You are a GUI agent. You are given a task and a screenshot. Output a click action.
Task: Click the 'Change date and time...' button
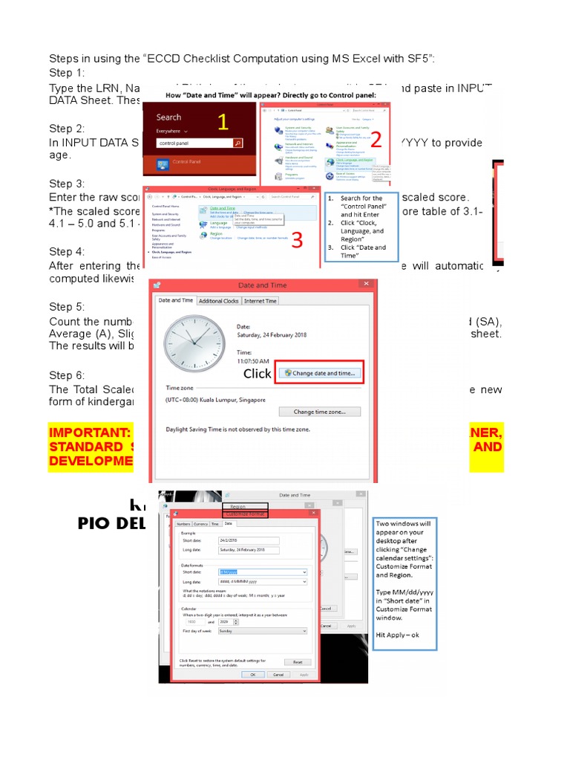[320, 372]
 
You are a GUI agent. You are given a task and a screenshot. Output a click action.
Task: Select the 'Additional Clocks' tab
[219, 301]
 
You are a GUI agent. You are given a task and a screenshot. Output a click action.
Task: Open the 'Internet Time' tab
[261, 301]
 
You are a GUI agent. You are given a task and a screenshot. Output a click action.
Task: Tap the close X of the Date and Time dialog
[364, 285]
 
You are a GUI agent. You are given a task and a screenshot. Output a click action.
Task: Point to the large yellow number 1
[222, 123]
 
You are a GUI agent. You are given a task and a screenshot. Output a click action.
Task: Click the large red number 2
[376, 139]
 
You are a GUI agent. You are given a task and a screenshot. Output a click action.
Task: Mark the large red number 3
[297, 240]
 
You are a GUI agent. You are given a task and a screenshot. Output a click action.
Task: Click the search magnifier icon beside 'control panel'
[237, 142]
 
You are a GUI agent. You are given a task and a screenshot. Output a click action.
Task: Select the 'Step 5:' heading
[66, 307]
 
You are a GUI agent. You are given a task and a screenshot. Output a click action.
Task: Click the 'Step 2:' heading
[66, 129]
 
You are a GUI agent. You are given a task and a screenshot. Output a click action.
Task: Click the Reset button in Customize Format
[297, 661]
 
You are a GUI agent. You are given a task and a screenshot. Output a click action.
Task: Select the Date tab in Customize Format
[228, 524]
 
